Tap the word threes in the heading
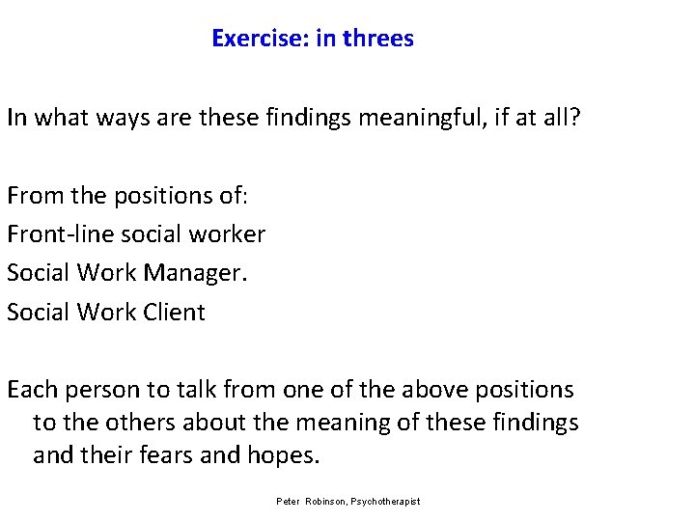(378, 39)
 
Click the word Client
(173, 312)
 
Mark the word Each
(30, 390)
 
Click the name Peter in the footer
(288, 502)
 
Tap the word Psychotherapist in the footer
(389, 502)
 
